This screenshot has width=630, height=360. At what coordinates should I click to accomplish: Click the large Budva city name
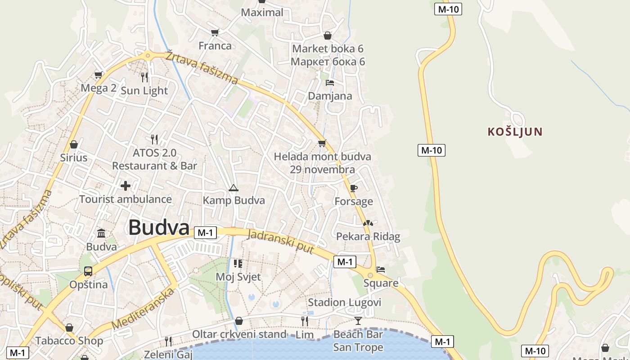pos(158,228)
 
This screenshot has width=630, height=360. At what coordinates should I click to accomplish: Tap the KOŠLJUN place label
pos(515,132)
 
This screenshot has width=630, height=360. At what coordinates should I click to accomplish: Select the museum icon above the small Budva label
pos(101,234)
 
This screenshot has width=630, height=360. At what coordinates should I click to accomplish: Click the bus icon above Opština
pos(88,271)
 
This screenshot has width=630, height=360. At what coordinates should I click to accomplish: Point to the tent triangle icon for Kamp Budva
pos(233,187)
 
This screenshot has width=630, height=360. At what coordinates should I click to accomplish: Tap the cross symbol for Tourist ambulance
pos(125,185)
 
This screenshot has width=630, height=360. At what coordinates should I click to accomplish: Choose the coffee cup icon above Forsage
pos(354,188)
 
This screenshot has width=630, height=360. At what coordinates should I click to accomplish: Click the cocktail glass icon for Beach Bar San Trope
pos(358,320)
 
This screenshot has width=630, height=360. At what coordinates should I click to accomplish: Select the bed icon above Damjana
pos(330,83)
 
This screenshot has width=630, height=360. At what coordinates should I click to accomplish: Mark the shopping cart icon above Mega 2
pos(98,75)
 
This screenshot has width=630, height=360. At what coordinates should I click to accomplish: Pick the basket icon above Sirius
pos(74,144)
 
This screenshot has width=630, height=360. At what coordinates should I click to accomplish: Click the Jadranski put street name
pos(281,241)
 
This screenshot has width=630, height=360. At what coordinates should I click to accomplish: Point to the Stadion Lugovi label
pos(344,302)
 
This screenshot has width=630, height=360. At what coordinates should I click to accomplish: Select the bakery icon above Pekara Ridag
pos(368,223)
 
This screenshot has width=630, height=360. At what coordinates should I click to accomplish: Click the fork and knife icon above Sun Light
pos(144,77)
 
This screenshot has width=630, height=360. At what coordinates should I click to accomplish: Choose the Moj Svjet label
pos(238,277)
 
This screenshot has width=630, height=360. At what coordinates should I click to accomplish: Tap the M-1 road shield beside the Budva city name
pos(205,233)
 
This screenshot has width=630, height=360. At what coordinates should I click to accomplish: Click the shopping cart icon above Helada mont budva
pos(322,144)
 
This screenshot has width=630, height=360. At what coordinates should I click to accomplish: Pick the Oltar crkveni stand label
pos(239,334)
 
